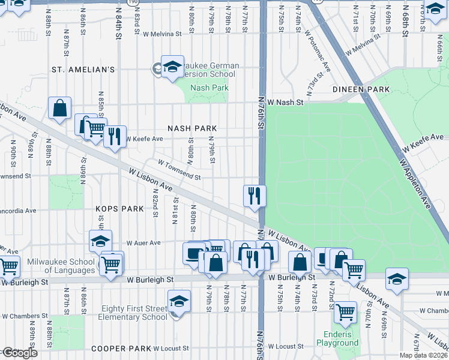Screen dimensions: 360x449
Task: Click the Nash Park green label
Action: [x=209, y=88]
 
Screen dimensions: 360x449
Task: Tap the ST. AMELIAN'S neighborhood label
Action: [x=83, y=70]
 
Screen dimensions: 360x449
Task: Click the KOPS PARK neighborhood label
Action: [x=120, y=209]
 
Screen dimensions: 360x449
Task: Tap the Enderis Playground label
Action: [x=337, y=338]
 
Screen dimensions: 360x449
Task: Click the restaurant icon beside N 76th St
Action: [x=255, y=196]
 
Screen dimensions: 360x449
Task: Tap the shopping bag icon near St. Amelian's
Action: [x=60, y=108]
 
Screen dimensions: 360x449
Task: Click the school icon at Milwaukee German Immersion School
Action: [x=172, y=67]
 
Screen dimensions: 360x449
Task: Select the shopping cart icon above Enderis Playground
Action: [x=345, y=311]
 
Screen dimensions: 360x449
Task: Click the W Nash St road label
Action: [x=286, y=103]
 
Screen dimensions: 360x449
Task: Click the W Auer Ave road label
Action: [x=143, y=243]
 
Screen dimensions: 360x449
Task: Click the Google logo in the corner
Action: [x=19, y=353]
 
